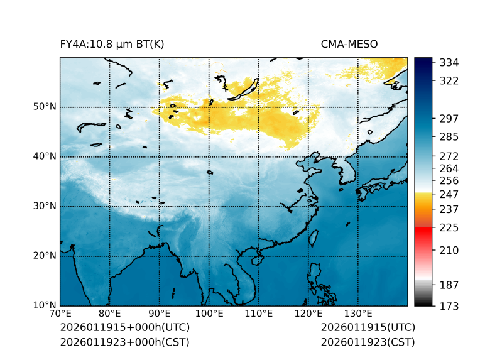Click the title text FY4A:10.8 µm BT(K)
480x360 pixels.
tap(112, 44)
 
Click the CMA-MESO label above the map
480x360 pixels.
tap(349, 44)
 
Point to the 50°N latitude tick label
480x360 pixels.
tap(45, 106)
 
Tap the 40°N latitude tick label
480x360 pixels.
tap(45, 156)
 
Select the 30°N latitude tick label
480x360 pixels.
tap(45, 205)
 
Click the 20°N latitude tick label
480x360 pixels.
tap(45, 256)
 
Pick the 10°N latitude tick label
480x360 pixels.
tap(45, 305)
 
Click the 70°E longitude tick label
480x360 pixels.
tap(60, 314)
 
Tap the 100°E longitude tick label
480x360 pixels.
tap(209, 314)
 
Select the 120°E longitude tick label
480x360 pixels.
tap(308, 314)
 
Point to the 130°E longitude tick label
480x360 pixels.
tap(358, 314)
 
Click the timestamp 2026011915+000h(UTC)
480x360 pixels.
tap(124, 328)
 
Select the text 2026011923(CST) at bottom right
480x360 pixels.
tap(368, 342)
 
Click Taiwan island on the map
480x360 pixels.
tap(314, 237)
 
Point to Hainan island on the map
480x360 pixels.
tap(256, 259)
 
